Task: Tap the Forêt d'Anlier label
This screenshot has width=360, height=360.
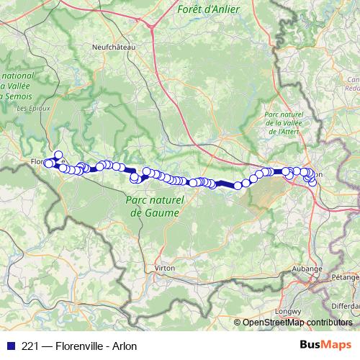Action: [209, 9]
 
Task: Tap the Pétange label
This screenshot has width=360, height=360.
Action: [346, 276]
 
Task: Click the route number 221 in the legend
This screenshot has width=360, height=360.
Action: [24, 346]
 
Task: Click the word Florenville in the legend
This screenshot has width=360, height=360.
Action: [77, 346]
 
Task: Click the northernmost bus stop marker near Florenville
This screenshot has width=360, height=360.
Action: [58, 154]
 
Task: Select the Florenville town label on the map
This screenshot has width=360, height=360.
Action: [42, 161]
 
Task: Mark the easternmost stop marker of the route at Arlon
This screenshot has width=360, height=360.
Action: [312, 181]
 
